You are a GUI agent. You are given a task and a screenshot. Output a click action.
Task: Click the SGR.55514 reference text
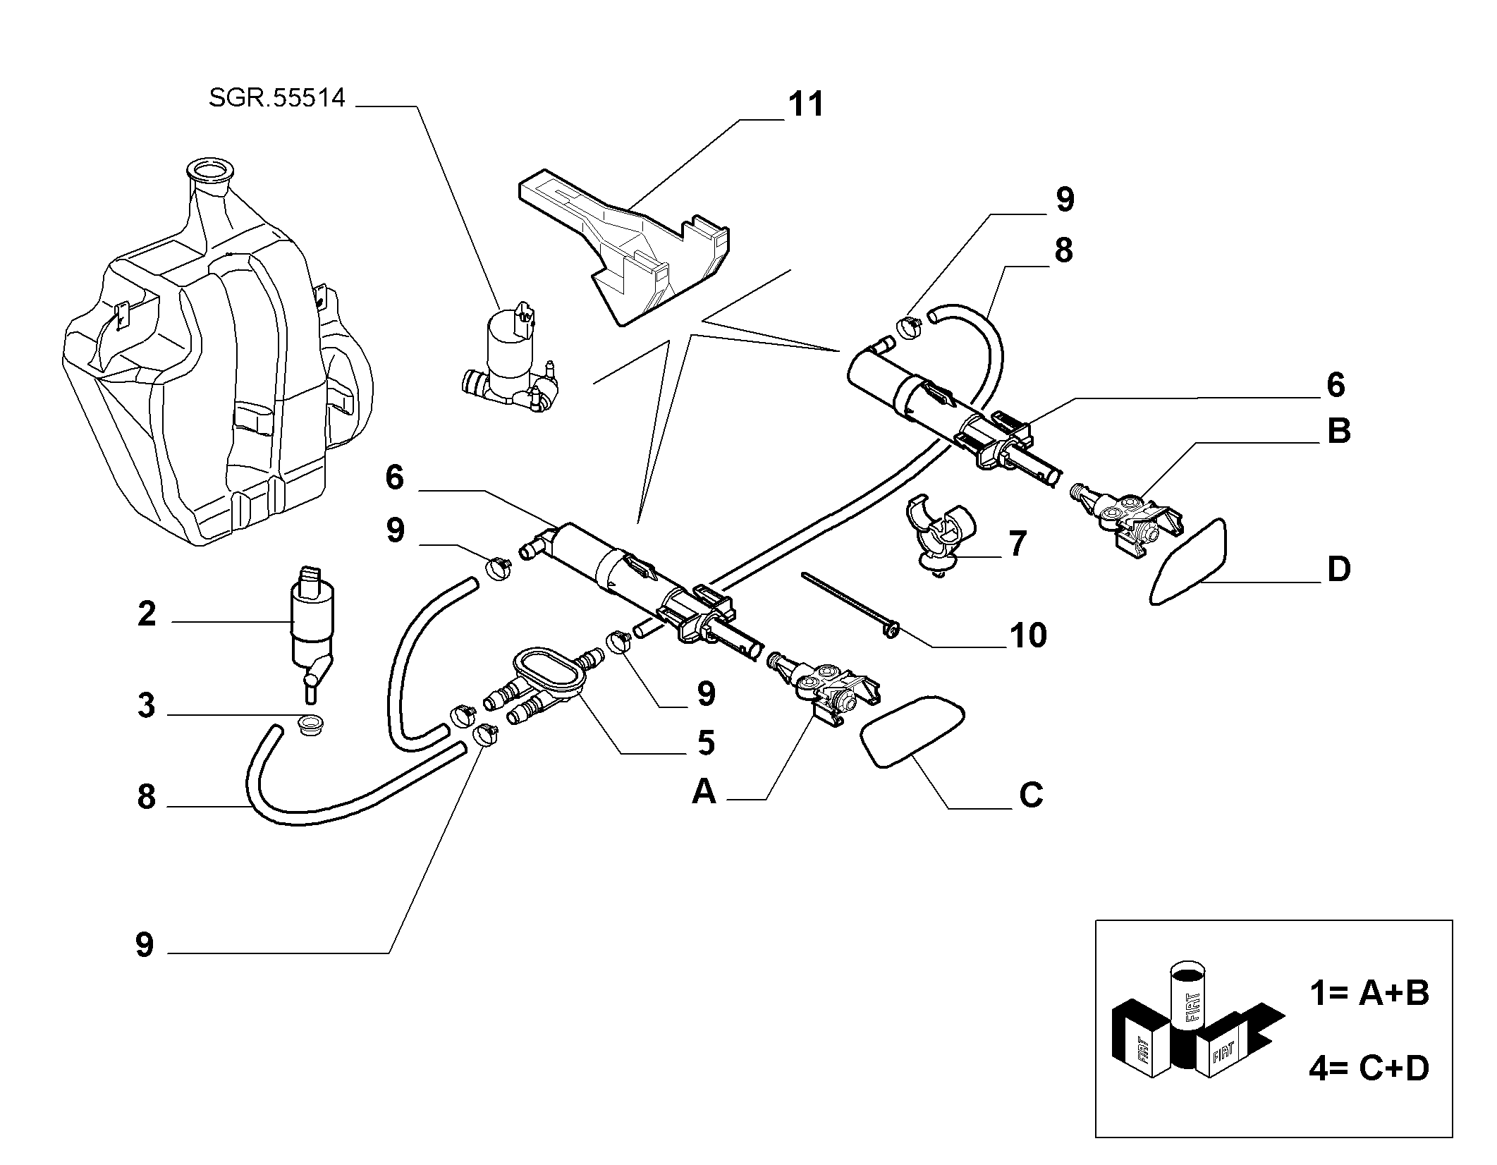coord(277,97)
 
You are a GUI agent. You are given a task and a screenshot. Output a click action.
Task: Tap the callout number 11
coord(806,104)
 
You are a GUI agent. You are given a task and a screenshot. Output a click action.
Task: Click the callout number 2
coord(147,614)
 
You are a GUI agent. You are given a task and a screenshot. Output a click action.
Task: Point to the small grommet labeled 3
coord(309,725)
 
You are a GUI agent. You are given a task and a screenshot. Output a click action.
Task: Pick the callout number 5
coord(705,743)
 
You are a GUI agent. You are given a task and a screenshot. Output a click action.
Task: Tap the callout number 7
coord(1017,544)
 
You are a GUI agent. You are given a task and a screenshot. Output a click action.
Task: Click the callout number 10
coord(1028,635)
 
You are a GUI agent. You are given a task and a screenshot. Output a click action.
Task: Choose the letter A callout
coord(704,791)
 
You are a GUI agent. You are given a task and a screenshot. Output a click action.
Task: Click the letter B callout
coord(1338,431)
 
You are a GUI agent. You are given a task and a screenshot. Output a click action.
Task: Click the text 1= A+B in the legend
coord(1369,993)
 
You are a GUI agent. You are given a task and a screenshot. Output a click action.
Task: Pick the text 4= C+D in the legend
coord(1369,1068)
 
